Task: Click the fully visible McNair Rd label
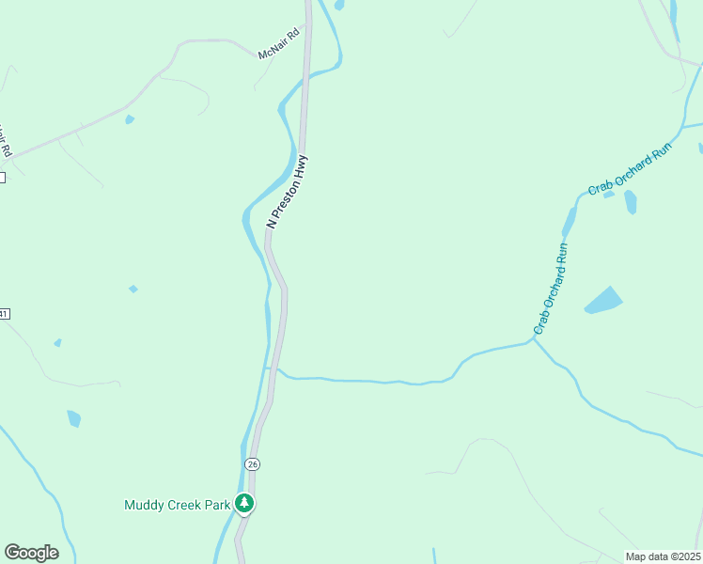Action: coord(278,44)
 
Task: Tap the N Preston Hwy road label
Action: coord(288,192)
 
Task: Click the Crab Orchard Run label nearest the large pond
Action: coord(552,289)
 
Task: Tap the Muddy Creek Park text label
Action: coord(178,505)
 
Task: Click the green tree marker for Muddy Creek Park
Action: coord(244,503)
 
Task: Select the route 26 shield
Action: coord(252,463)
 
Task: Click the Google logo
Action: coord(31,553)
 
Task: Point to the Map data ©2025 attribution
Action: coord(663,556)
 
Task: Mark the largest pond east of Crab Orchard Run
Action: coord(603,301)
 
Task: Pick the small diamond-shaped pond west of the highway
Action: coord(133,289)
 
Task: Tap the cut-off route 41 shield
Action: coord(4,313)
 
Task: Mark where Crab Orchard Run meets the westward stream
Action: coord(534,341)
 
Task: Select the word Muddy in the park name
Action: coord(143,505)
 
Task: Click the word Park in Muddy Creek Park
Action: coord(218,505)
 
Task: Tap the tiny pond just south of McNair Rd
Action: coord(130,119)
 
